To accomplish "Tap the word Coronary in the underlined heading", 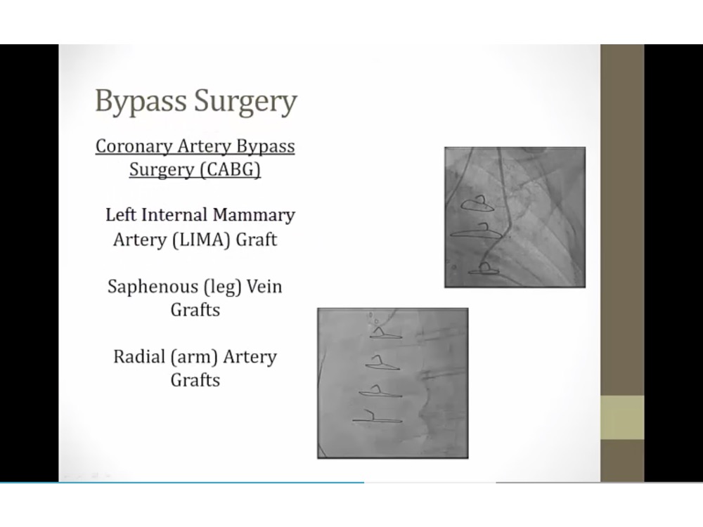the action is coord(134,147).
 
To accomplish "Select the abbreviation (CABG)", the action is coord(231,170).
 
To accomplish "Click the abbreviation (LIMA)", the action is coord(201,240).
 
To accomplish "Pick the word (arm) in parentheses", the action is coord(194,357).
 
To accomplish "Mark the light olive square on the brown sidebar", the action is coord(622,417).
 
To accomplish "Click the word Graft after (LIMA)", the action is coord(256,240).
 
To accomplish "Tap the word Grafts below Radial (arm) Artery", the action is coord(195,380).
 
